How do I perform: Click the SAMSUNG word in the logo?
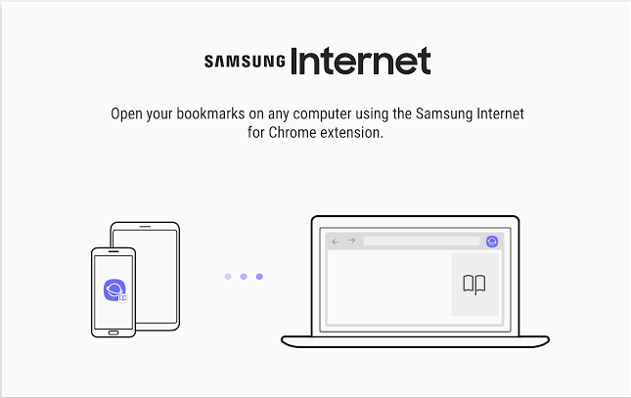pos(245,62)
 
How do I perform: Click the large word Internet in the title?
pos(361,61)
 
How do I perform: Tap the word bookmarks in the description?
pos(210,113)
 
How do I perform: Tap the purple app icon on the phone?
pos(114,289)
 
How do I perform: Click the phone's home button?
pos(113,332)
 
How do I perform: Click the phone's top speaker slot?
pos(113,251)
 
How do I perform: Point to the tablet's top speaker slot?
pos(145,226)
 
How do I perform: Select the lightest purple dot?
pos(228,277)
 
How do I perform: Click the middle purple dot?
pos(244,277)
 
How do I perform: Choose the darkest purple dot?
pos(259,277)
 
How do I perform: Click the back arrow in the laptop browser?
pos(336,242)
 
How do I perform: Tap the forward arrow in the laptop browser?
pos(352,241)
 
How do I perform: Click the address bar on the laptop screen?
pos(422,242)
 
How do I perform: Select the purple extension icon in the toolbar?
pos(492,242)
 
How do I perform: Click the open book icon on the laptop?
pos(474,285)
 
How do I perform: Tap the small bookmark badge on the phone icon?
pos(123,298)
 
